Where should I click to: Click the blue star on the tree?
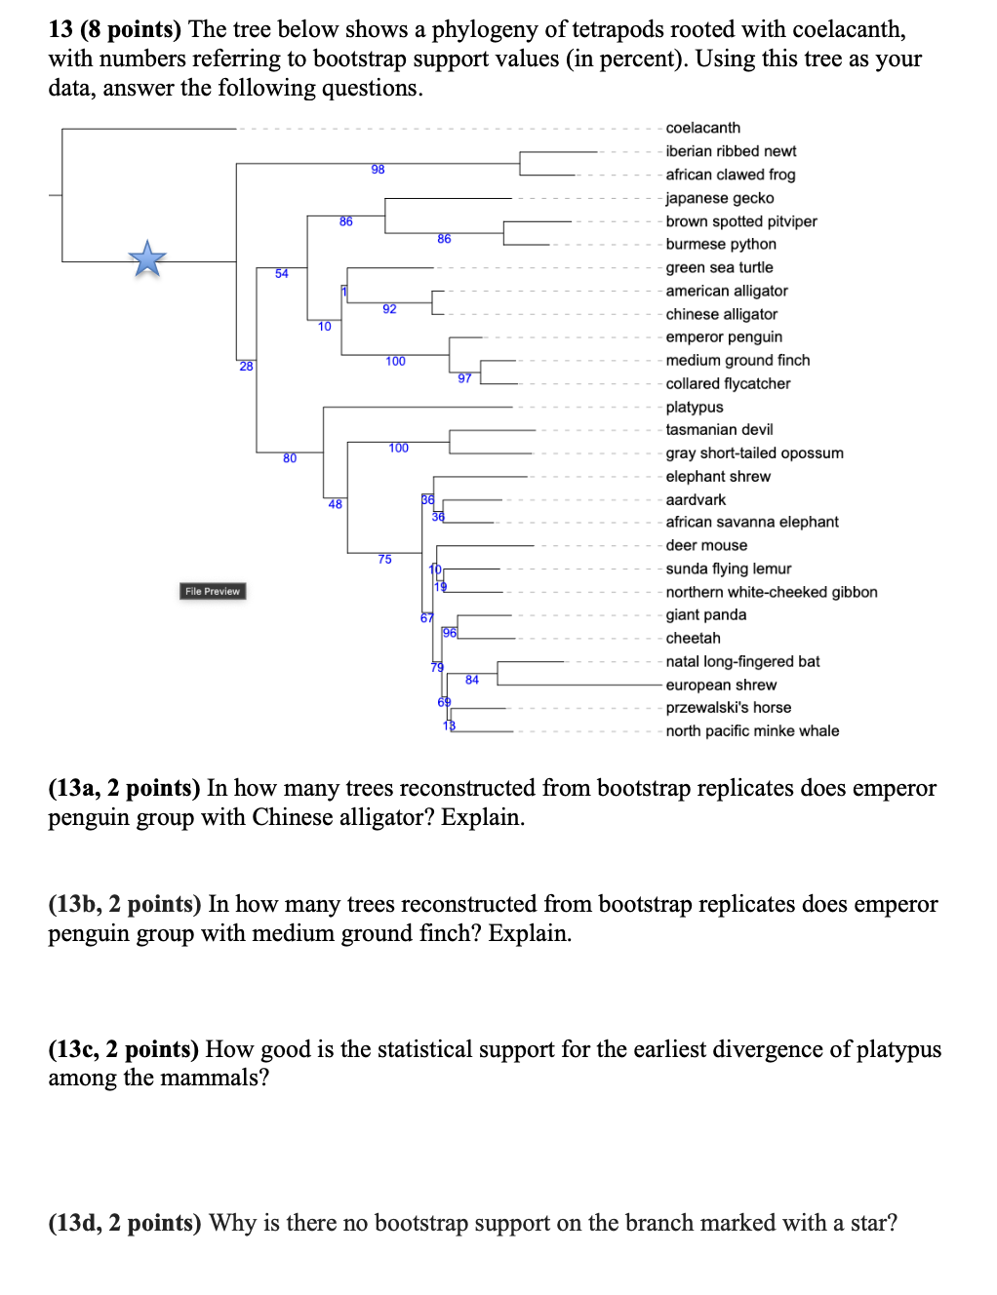[147, 259]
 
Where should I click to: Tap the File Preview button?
[213, 591]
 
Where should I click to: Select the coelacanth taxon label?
[702, 128]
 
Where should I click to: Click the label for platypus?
[694, 407]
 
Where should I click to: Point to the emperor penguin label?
[723, 337]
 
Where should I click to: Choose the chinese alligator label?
[721, 314]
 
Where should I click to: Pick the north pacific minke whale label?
[751, 731]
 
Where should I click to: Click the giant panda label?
[705, 615]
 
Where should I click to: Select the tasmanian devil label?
[719, 430]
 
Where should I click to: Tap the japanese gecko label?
[719, 198]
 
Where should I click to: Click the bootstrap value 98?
[378, 170]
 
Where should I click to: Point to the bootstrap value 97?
[464, 378]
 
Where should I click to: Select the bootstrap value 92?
[389, 309]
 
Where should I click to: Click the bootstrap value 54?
[281, 274]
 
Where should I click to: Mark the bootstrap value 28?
[246, 367]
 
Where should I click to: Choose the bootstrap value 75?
[384, 560]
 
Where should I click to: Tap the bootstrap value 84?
[471, 680]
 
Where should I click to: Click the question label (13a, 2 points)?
[124, 788]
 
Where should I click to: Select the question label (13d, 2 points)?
[124, 1223]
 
